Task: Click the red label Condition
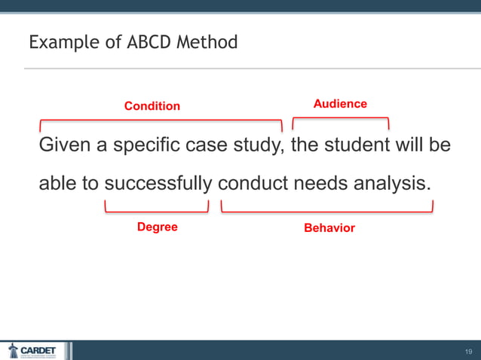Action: [x=152, y=106]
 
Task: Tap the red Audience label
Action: [x=340, y=104]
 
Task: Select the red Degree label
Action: [x=157, y=227]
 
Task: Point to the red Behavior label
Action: [x=329, y=227]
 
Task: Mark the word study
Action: [x=256, y=145]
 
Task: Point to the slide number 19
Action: [x=467, y=352]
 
